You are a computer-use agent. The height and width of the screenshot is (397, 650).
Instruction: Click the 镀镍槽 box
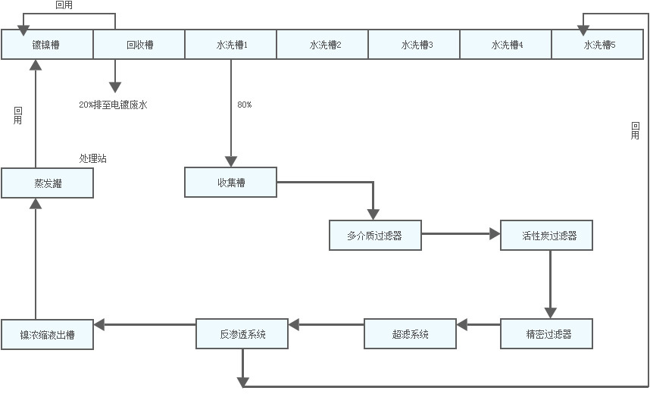(x=47, y=45)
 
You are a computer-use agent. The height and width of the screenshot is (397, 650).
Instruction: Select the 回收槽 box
(x=139, y=45)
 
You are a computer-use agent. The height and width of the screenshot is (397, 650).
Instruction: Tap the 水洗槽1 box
(x=231, y=45)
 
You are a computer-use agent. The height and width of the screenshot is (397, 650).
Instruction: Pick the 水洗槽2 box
(x=323, y=45)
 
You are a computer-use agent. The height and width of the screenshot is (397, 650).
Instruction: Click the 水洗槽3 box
(x=415, y=45)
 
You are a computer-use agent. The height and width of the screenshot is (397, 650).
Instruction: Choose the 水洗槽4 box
(x=507, y=45)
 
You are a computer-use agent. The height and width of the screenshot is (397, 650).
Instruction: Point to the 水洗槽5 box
(x=599, y=45)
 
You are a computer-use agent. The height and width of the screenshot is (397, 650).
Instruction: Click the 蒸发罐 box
(x=47, y=183)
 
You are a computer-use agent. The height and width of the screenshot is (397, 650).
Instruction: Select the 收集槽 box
(x=231, y=183)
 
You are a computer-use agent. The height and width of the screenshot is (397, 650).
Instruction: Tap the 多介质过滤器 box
(x=375, y=236)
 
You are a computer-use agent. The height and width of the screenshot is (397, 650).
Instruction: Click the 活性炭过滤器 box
(x=547, y=236)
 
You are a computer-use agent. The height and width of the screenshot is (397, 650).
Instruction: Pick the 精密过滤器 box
(x=547, y=334)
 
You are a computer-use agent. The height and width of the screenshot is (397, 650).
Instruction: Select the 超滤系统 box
(x=411, y=334)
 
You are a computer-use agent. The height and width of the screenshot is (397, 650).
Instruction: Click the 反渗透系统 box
(x=242, y=334)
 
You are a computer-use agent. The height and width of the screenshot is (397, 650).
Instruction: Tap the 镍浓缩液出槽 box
(x=47, y=334)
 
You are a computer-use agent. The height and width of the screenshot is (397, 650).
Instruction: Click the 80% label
(x=244, y=105)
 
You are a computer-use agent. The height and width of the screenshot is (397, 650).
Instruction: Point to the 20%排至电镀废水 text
(x=113, y=105)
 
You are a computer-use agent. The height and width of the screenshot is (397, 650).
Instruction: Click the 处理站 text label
(x=93, y=158)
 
